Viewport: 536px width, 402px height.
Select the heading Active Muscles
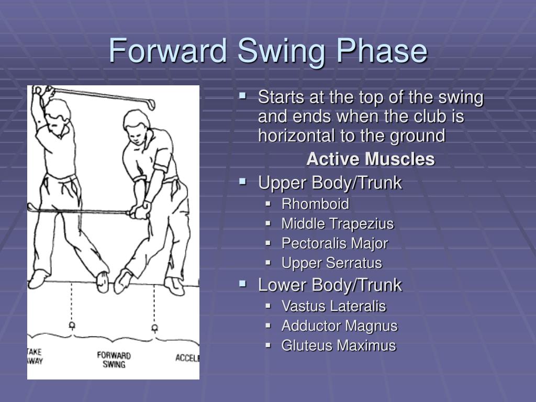click(x=370, y=159)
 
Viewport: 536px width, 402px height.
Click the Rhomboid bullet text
click(x=315, y=204)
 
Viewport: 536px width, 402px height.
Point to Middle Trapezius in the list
click(x=337, y=224)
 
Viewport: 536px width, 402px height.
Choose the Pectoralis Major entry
click(x=334, y=243)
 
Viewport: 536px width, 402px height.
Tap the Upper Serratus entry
click(x=331, y=263)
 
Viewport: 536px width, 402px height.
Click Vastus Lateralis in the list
click(x=333, y=306)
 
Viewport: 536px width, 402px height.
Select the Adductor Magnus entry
click(x=339, y=326)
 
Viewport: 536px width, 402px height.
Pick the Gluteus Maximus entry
click(x=338, y=345)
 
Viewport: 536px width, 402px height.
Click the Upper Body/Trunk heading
click(x=330, y=183)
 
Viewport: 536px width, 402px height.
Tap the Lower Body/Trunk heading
click(x=330, y=285)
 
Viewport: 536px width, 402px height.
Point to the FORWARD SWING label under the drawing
click(x=114, y=360)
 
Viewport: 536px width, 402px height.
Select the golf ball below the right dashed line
click(x=154, y=328)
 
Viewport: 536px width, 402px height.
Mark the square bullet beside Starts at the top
click(x=242, y=96)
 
